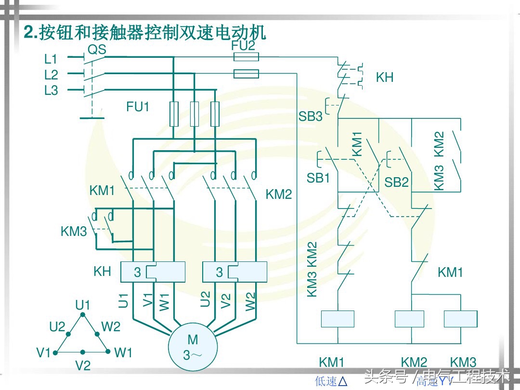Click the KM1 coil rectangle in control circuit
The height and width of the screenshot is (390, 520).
click(x=337, y=319)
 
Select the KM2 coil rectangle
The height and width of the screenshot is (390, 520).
click(x=409, y=319)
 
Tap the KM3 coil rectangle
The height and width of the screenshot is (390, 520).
click(x=460, y=319)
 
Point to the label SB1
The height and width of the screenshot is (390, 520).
click(x=318, y=178)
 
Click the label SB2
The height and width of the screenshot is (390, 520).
click(x=396, y=182)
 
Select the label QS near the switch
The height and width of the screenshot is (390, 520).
click(x=97, y=50)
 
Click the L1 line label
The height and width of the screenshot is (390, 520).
click(x=51, y=59)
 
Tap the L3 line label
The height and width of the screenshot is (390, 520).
click(x=51, y=91)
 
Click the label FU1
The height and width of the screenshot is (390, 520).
click(x=138, y=107)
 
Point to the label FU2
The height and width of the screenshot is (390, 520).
click(x=243, y=46)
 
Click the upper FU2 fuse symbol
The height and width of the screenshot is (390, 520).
click(x=246, y=57)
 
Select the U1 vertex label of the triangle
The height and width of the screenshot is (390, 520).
click(x=82, y=305)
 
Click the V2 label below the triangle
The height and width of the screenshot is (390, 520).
click(x=83, y=365)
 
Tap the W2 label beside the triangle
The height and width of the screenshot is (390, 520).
click(x=111, y=326)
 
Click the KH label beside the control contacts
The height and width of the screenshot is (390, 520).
click(x=384, y=77)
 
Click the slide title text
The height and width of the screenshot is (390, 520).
click(x=145, y=32)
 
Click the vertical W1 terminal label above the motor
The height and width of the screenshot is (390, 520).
click(x=165, y=301)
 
